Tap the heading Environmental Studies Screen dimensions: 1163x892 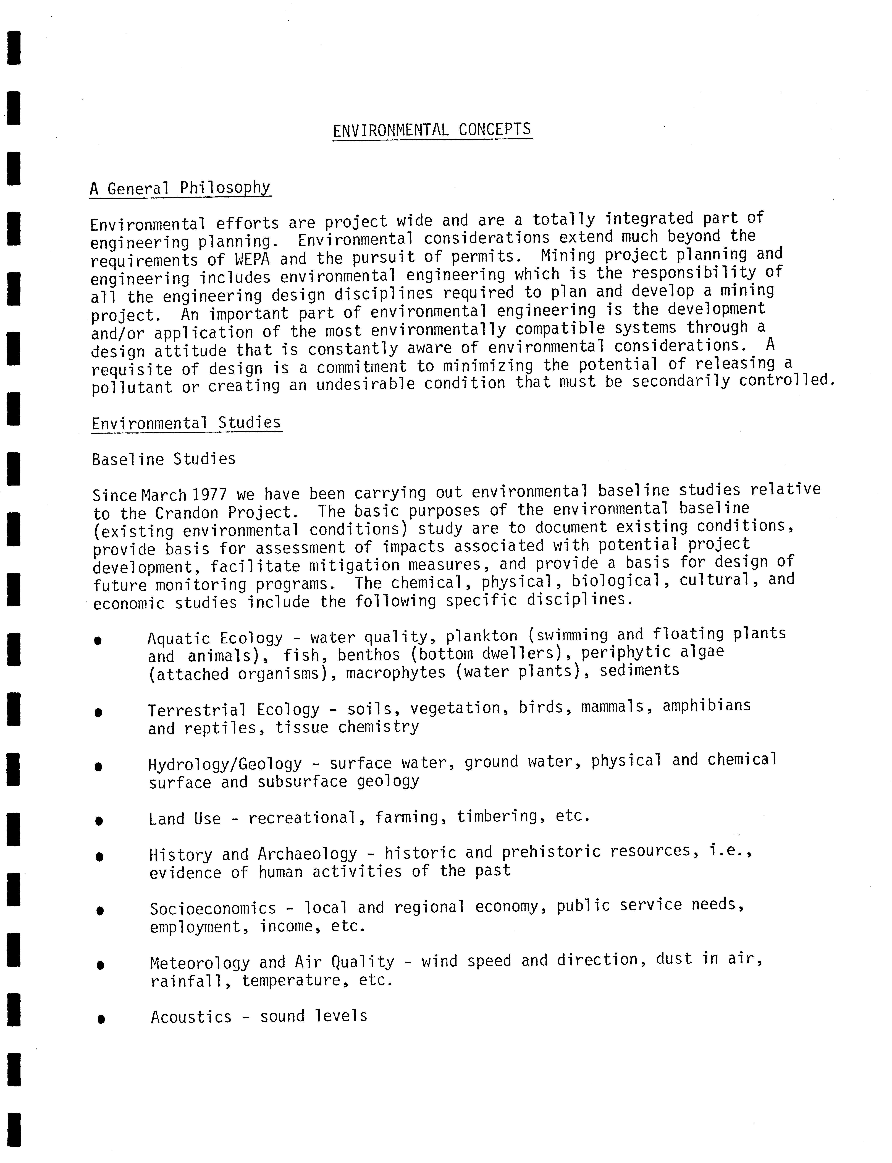[x=186, y=423]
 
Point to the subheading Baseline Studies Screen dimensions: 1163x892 [x=164, y=459]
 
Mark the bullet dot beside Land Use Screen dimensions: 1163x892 [x=99, y=820]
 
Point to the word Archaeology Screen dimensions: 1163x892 [x=307, y=854]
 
